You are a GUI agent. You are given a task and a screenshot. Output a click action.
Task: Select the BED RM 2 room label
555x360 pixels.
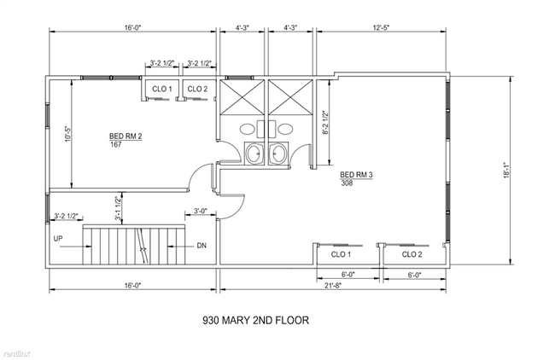pyautogui.click(x=125, y=136)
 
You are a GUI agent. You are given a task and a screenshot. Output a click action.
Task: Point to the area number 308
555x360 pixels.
pyautogui.click(x=347, y=183)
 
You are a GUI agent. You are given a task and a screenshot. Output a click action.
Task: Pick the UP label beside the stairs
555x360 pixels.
pyautogui.click(x=58, y=238)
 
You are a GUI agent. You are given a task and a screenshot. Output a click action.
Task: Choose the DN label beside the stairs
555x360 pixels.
pyautogui.click(x=202, y=246)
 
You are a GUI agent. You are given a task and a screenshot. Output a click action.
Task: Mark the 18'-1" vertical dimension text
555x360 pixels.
pyautogui.click(x=508, y=171)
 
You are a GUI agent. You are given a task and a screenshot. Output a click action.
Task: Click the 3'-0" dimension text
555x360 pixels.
pyautogui.click(x=201, y=211)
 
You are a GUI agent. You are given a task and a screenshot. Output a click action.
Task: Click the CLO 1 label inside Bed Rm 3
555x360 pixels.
pyautogui.click(x=341, y=254)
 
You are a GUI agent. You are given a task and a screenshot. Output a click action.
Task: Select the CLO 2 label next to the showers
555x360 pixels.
pyautogui.click(x=197, y=89)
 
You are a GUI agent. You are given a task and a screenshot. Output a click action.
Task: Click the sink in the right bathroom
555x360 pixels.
pyautogui.click(x=278, y=154)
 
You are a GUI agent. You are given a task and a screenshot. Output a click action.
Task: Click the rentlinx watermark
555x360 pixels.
pyautogui.click(x=17, y=351)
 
